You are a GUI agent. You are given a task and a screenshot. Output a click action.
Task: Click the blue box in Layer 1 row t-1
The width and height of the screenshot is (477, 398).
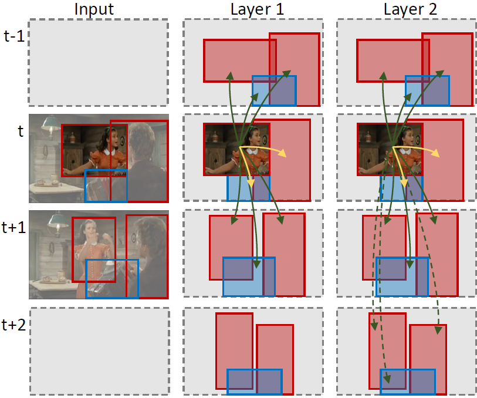[274, 91]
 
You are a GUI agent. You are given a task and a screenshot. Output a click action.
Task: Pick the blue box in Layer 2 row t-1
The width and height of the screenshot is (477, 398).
[427, 91]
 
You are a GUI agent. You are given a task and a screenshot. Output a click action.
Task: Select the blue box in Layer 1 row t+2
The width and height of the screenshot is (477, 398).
[255, 382]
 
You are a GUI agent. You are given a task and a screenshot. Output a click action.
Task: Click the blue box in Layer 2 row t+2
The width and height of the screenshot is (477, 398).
[408, 382]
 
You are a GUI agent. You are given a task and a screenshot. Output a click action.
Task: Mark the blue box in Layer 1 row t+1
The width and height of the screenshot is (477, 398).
[249, 276]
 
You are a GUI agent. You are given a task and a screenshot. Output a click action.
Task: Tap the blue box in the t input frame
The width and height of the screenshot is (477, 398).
[106, 185]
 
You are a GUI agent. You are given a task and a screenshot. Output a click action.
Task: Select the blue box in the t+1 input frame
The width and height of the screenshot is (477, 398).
[112, 278]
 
